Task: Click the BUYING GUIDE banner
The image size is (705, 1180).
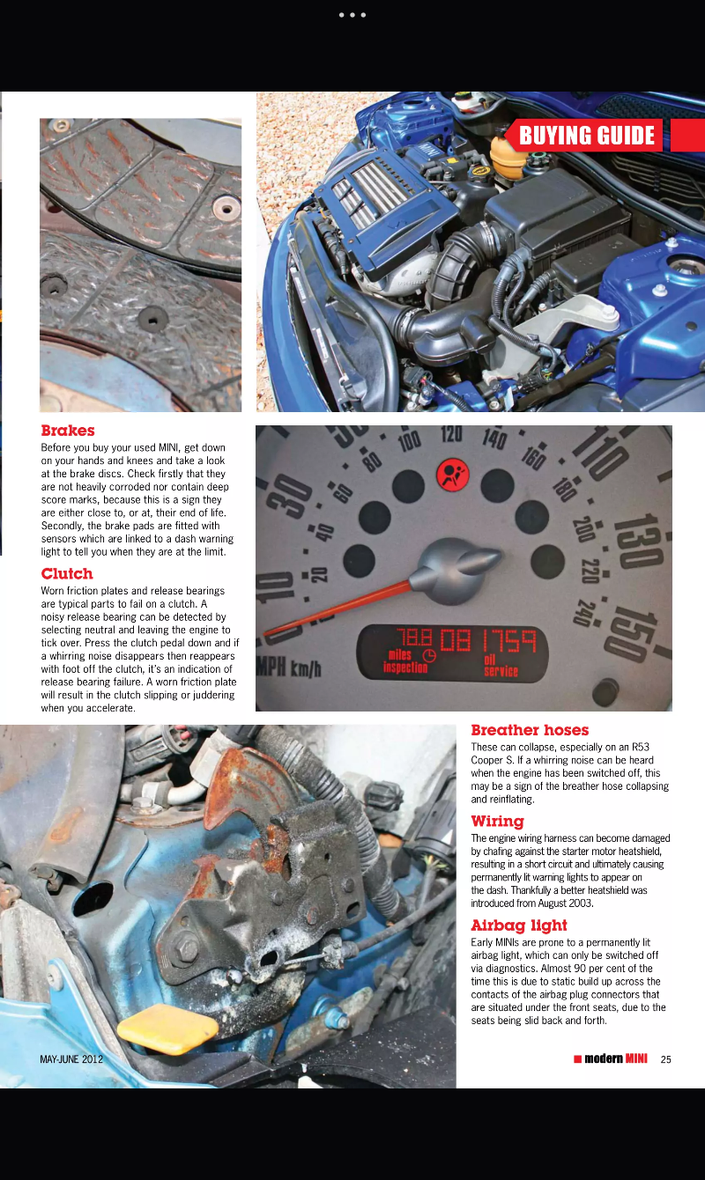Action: point(587,136)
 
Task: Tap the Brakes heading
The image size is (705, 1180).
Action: point(68,431)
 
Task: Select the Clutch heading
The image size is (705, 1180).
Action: point(67,573)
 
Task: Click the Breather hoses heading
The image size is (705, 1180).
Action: point(530,730)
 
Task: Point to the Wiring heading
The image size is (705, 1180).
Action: point(497,822)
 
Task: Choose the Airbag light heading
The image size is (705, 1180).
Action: point(519,926)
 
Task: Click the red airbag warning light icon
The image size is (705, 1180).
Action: point(453,478)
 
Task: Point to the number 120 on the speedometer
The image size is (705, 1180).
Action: point(451,434)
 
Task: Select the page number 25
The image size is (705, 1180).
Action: point(665,1059)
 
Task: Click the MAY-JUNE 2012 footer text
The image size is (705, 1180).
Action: point(71,1059)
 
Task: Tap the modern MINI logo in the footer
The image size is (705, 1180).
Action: point(610,1058)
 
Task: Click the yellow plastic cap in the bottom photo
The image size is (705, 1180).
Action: point(167,1028)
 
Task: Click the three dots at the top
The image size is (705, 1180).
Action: point(352,15)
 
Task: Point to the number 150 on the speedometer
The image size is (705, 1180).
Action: point(634,635)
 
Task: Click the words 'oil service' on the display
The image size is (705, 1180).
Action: point(501,665)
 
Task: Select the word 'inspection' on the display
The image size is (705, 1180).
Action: point(405,667)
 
